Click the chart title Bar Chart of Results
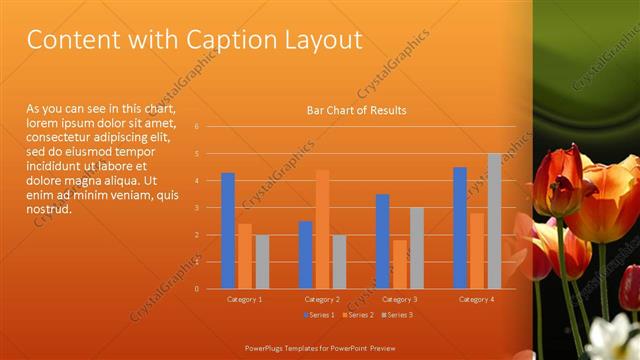point(356,111)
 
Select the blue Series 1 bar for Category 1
point(228,231)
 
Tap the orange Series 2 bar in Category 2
point(322,229)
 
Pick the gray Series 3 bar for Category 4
point(494,221)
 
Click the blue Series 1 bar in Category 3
point(382,241)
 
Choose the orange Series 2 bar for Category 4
point(477,250)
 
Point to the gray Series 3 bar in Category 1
point(262,262)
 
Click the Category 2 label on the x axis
point(322,299)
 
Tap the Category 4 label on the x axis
point(477,299)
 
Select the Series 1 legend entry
point(319,315)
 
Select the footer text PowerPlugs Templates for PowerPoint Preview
point(319,347)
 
